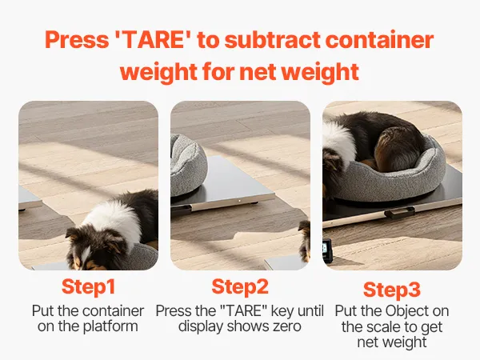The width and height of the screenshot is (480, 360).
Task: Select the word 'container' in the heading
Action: (x=379, y=40)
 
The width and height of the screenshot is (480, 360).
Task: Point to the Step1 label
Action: (x=89, y=286)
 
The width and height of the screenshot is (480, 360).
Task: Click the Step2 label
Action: (x=240, y=286)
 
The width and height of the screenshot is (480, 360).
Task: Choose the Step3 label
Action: (x=392, y=290)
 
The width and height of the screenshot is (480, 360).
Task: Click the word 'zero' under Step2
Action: (x=287, y=326)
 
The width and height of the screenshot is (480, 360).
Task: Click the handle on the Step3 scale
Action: (x=400, y=212)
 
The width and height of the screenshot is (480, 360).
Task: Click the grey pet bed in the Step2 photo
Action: (x=188, y=166)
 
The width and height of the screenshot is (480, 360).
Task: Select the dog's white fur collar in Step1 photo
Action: (x=116, y=221)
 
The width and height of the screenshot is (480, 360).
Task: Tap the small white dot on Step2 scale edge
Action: (x=239, y=201)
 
